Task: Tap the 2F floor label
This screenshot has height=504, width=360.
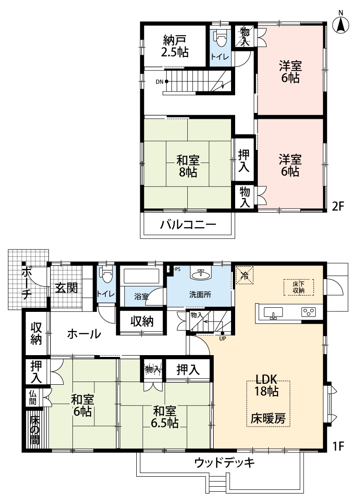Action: pyautogui.click(x=338, y=206)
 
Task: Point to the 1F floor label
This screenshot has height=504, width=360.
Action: pyautogui.click(x=338, y=446)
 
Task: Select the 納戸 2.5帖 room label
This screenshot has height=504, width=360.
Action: pyautogui.click(x=175, y=46)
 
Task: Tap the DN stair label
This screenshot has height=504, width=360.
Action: pyautogui.click(x=159, y=81)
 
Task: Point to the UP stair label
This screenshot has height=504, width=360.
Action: pyautogui.click(x=222, y=338)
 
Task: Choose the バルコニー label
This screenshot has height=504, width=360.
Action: pyautogui.click(x=188, y=224)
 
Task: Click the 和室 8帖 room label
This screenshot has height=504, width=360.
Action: pyautogui.click(x=188, y=166)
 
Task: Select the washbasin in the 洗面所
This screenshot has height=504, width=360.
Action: pyautogui.click(x=201, y=274)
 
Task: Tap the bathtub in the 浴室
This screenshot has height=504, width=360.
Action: pyautogui.click(x=142, y=275)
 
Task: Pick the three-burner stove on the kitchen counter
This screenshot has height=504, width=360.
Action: pyautogui.click(x=308, y=312)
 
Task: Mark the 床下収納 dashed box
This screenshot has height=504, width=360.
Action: pyautogui.click(x=298, y=287)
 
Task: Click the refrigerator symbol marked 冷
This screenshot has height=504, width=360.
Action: pyautogui.click(x=245, y=275)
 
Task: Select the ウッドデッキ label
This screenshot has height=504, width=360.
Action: pyautogui.click(x=224, y=463)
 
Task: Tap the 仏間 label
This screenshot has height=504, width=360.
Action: pyautogui.click(x=33, y=397)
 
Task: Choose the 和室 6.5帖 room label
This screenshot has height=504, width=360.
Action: pyautogui.click(x=165, y=417)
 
